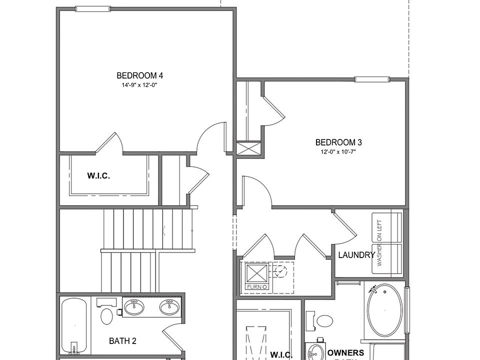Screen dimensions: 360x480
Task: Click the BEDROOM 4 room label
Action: [x=139, y=75]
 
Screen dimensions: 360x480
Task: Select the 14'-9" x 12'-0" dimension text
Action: [x=139, y=85]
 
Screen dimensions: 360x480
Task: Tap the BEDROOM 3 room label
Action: [x=338, y=142]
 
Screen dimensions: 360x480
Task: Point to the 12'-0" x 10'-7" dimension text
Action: [x=338, y=151]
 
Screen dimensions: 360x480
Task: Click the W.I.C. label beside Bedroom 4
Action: [x=98, y=175]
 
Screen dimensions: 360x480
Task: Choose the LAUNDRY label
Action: [x=356, y=255]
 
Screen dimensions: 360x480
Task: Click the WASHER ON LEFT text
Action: [x=380, y=243]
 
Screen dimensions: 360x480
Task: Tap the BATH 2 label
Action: [x=122, y=341]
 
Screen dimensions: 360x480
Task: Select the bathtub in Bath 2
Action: [x=74, y=325]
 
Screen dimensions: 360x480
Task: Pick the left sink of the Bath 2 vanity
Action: [x=134, y=307]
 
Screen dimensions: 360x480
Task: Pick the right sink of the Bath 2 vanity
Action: [x=169, y=307]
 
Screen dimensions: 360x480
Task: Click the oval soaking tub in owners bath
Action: [x=384, y=310]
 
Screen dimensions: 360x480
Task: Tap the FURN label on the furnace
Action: [x=257, y=287]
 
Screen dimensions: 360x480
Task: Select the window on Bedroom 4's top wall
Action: [x=93, y=8]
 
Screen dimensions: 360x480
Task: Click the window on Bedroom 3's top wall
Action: [x=371, y=79]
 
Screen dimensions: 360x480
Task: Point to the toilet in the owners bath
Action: [x=324, y=320]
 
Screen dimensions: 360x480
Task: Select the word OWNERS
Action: [x=346, y=353]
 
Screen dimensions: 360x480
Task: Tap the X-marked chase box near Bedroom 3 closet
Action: [x=248, y=148]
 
